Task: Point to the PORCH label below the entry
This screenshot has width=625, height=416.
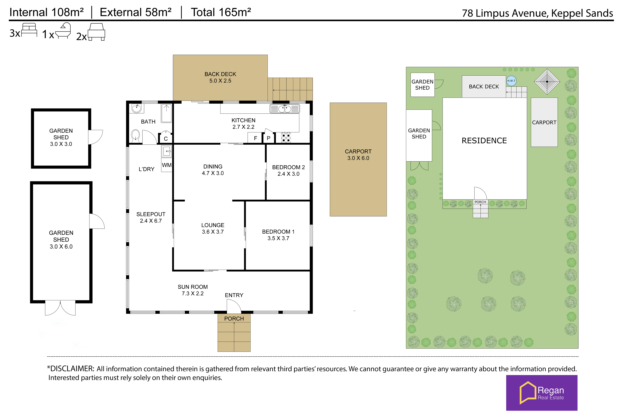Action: click(234, 319)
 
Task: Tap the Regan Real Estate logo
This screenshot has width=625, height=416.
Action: click(542, 393)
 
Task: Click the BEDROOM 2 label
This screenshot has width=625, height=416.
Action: click(288, 167)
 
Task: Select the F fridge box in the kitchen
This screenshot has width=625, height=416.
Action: click(255, 138)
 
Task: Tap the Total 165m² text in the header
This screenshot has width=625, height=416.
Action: click(221, 12)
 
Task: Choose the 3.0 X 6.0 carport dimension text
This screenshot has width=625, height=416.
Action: click(358, 158)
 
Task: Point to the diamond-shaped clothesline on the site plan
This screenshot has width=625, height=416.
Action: click(547, 82)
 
